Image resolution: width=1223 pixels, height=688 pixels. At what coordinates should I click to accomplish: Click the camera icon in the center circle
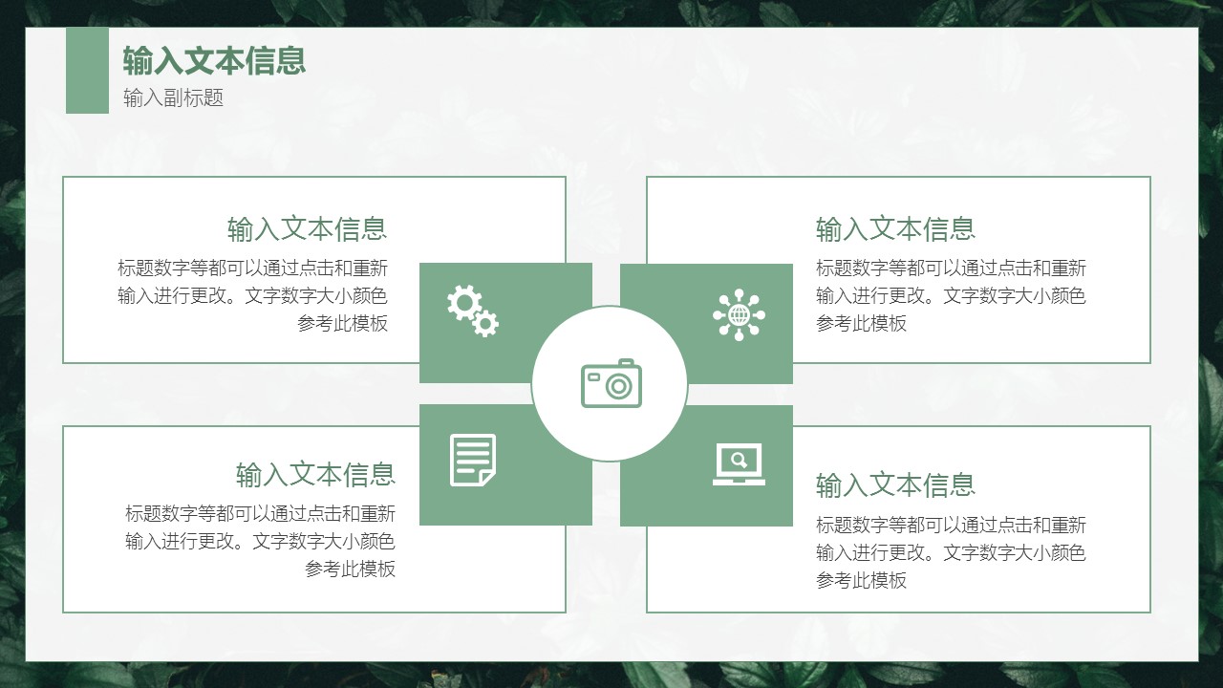(x=611, y=383)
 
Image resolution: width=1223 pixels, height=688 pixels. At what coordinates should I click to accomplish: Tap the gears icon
(x=473, y=311)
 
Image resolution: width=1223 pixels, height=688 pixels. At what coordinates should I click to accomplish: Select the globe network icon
(x=739, y=315)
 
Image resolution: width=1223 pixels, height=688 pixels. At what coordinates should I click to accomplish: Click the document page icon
(x=473, y=460)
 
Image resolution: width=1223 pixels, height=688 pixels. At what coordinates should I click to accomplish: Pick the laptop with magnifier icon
(x=739, y=464)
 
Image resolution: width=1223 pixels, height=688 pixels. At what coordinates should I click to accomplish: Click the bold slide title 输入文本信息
(x=214, y=60)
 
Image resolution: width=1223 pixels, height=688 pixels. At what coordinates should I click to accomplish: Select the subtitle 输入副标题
(x=174, y=97)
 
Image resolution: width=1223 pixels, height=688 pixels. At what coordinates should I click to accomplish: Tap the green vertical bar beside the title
(x=87, y=71)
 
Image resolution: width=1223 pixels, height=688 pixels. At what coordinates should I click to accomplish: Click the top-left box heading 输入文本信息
(x=308, y=228)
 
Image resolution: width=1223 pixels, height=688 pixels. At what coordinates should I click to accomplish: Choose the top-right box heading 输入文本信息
(x=895, y=228)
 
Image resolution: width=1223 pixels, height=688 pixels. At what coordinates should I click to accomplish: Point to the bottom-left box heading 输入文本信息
(x=315, y=474)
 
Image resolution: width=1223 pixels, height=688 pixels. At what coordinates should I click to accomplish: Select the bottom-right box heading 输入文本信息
(x=895, y=484)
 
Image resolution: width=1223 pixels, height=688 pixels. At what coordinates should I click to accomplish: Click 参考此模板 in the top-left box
(x=342, y=323)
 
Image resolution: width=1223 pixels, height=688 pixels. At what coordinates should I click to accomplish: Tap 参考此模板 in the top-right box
(x=861, y=323)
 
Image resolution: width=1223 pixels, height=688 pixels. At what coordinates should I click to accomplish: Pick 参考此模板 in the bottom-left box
(x=350, y=569)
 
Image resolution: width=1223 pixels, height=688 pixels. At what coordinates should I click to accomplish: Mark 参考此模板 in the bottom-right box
(x=861, y=580)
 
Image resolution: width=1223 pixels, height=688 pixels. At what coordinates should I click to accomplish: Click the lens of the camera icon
(x=618, y=387)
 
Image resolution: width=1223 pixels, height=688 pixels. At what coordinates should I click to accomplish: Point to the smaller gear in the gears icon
(x=485, y=323)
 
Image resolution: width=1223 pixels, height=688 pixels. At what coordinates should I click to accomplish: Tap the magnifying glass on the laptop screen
(x=740, y=460)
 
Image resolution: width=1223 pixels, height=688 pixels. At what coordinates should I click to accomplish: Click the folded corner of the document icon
(x=487, y=478)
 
